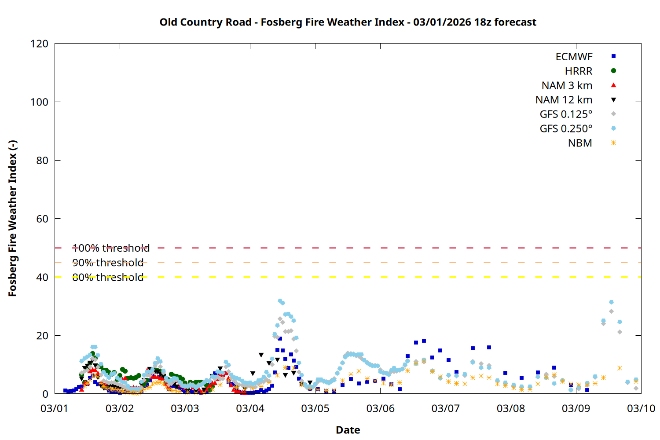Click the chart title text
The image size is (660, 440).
click(x=348, y=22)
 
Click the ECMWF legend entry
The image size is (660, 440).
click(x=574, y=57)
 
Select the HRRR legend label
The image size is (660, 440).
click(x=579, y=71)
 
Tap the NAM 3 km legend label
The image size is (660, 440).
click(x=567, y=85)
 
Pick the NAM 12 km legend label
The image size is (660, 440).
click(x=564, y=100)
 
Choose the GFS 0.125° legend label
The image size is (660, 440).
click(x=566, y=114)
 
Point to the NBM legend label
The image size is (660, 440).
click(x=580, y=143)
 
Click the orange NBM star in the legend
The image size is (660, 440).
click(x=613, y=143)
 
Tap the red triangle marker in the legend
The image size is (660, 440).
click(x=613, y=85)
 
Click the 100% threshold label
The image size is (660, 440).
click(x=111, y=248)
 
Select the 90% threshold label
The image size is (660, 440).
click(x=108, y=263)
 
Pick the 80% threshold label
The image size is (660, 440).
click(x=108, y=277)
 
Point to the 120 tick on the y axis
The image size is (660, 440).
click(x=40, y=44)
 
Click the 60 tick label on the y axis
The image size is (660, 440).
click(x=42, y=219)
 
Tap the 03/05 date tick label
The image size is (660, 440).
click(x=315, y=408)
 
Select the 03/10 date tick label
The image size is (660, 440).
click(x=641, y=408)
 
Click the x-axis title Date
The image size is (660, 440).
click(x=348, y=430)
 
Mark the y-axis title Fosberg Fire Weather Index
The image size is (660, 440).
click(x=12, y=219)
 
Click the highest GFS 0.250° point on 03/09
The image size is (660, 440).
click(x=611, y=302)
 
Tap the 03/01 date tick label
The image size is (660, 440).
click(x=54, y=408)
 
